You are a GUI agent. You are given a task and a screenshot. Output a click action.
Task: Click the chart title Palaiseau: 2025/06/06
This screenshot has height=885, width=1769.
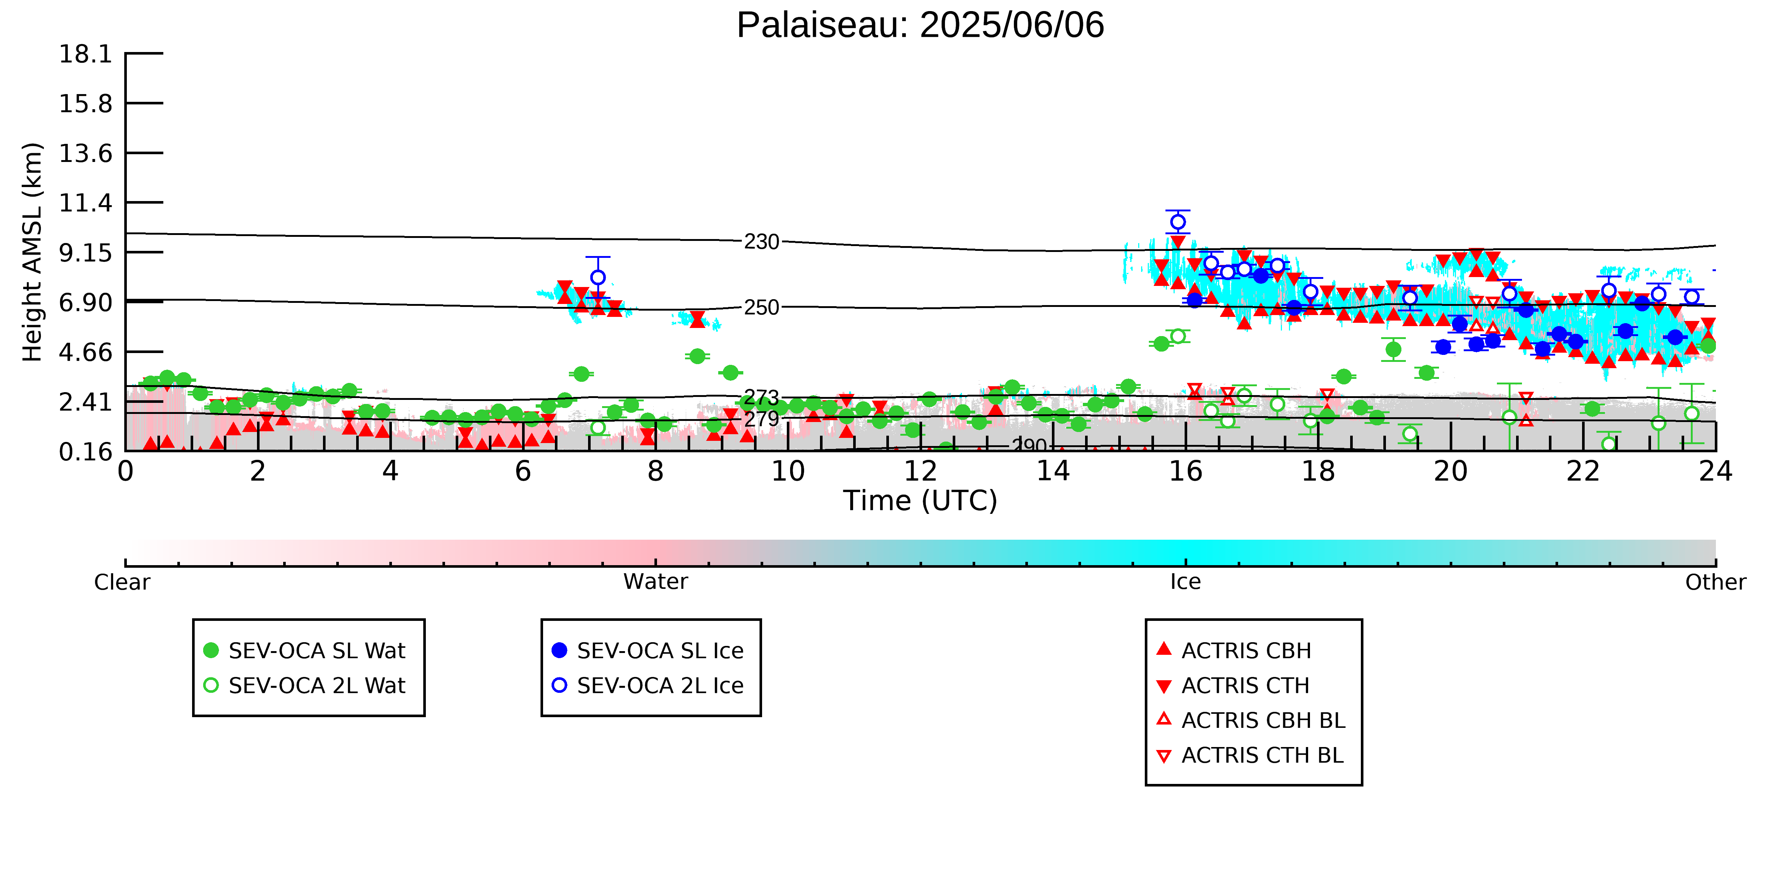tap(920, 25)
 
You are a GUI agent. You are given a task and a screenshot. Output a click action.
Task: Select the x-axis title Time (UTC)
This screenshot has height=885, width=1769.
tap(920, 501)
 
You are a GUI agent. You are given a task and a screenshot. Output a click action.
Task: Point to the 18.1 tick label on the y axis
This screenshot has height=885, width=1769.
tap(85, 53)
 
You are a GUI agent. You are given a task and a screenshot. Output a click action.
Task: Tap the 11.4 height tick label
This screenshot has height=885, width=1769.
tap(85, 203)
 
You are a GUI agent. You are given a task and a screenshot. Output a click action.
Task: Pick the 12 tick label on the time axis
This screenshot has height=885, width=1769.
tap(920, 471)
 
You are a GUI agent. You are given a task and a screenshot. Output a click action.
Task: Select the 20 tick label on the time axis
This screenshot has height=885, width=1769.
tap(1450, 471)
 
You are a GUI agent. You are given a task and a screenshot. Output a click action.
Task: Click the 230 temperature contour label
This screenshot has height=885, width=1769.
tap(762, 242)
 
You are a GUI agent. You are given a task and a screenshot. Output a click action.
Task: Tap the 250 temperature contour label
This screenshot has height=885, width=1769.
tap(762, 307)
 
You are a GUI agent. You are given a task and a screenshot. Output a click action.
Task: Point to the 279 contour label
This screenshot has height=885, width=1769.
tap(762, 418)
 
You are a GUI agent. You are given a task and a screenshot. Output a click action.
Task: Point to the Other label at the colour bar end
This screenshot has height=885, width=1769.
tap(1716, 582)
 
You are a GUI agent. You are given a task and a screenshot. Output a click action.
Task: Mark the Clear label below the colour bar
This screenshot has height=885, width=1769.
tap(122, 582)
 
